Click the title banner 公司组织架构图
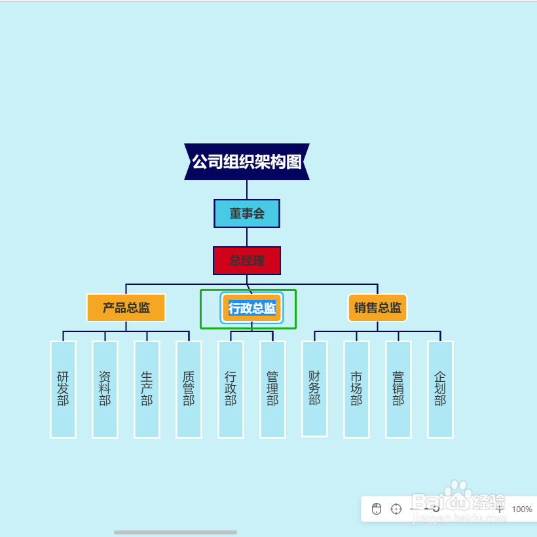(x=247, y=161)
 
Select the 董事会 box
(x=247, y=213)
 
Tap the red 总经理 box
(x=247, y=261)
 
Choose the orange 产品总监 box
(x=126, y=308)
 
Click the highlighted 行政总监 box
(x=252, y=308)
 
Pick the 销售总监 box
(x=378, y=308)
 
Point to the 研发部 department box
(x=64, y=389)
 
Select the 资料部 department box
(x=105, y=389)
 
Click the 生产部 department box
(x=147, y=389)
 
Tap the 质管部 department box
(x=189, y=389)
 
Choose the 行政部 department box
(x=231, y=389)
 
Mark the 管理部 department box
(x=273, y=389)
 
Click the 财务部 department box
(x=315, y=388)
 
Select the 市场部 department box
(x=357, y=389)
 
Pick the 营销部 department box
(x=399, y=389)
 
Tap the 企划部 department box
(x=441, y=389)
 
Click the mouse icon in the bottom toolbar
(x=377, y=509)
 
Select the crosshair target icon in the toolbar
(x=396, y=509)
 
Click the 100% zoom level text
(x=522, y=509)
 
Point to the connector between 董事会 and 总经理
(x=247, y=237)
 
